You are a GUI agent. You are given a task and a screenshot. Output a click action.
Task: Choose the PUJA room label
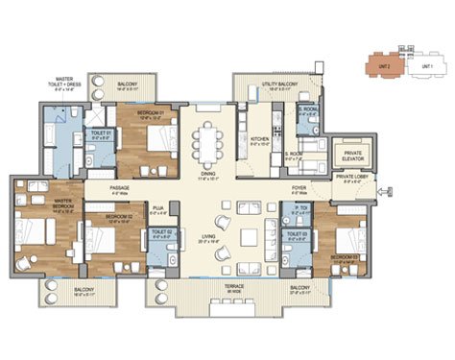pyautogui.click(x=157, y=204)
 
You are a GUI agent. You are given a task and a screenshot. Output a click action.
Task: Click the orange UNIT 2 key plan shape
pyautogui.click(x=383, y=64)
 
